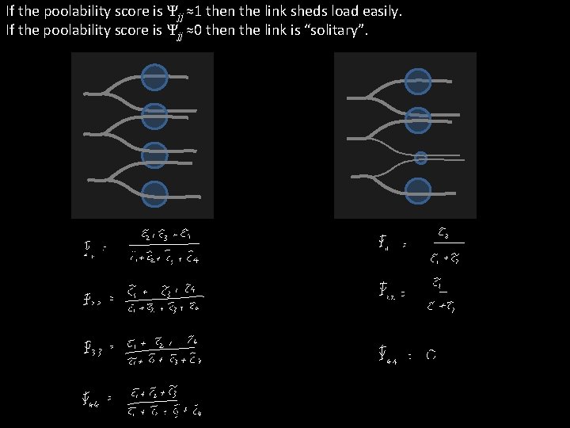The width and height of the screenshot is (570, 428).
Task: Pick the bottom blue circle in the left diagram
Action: point(154,194)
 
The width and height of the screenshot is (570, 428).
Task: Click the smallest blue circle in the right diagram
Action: point(421,158)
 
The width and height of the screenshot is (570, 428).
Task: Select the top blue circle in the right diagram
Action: point(418,82)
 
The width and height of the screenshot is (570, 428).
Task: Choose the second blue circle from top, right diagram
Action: point(418,120)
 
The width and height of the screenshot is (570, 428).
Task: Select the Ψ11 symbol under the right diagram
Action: point(385,245)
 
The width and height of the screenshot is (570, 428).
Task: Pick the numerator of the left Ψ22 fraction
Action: point(164,289)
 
